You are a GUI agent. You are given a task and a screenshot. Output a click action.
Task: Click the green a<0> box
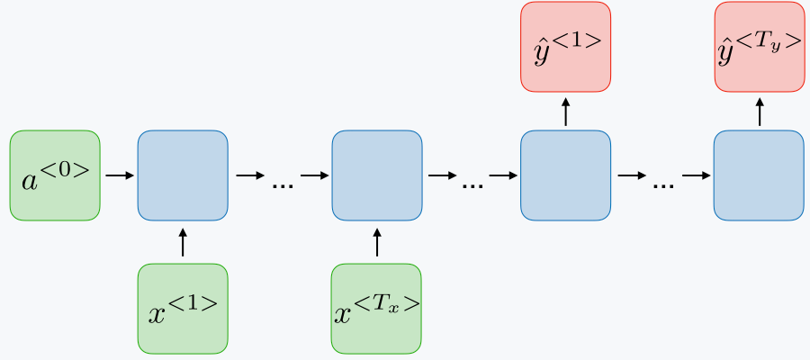pyautogui.click(x=55, y=175)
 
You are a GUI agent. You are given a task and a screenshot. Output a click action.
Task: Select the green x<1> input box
pyautogui.click(x=183, y=308)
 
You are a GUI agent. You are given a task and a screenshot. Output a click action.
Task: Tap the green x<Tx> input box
pyautogui.click(x=376, y=308)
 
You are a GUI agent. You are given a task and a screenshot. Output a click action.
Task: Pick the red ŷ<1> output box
pyautogui.click(x=565, y=47)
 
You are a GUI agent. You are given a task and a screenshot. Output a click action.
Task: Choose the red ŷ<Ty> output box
pyautogui.click(x=759, y=47)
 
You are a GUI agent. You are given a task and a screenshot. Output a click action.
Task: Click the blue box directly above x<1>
pyautogui.click(x=183, y=175)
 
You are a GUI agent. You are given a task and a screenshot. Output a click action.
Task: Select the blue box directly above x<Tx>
pyautogui.click(x=376, y=175)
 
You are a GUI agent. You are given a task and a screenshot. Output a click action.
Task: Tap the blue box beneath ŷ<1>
pyautogui.click(x=565, y=175)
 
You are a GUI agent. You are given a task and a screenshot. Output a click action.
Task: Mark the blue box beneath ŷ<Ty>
pyautogui.click(x=759, y=175)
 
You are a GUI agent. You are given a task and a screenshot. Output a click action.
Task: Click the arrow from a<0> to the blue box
pyautogui.click(x=118, y=175)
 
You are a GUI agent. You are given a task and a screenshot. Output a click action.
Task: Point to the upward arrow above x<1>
pyautogui.click(x=183, y=242)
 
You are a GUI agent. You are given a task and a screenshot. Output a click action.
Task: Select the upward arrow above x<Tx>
pyautogui.click(x=376, y=242)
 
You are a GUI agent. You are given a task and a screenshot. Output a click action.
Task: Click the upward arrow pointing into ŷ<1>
pyautogui.click(x=565, y=112)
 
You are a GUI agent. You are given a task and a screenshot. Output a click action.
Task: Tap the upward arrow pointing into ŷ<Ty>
pyautogui.click(x=759, y=112)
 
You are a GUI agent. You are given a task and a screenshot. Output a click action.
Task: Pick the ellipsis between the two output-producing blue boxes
pyautogui.click(x=663, y=184)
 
